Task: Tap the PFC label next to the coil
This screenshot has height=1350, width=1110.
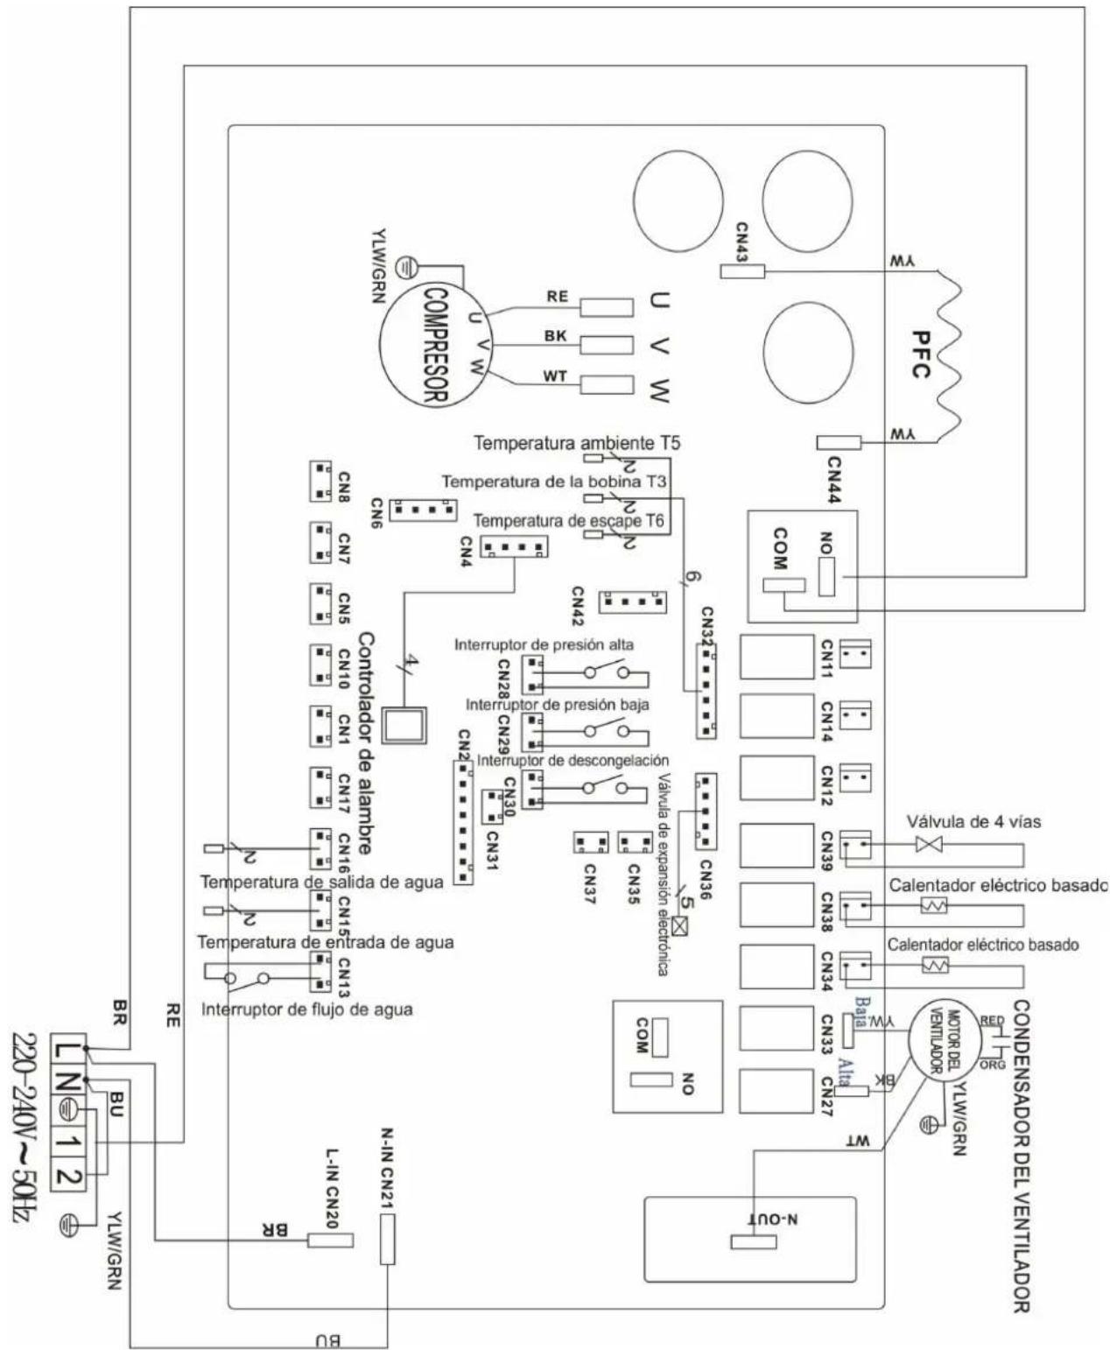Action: (917, 354)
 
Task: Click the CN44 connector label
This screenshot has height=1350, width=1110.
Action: (832, 481)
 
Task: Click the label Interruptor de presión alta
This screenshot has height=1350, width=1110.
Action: (544, 645)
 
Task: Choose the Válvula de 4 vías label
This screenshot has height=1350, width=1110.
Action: (973, 822)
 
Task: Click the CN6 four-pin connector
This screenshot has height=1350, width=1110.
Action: (423, 509)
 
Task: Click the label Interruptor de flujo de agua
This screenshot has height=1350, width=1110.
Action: (307, 1009)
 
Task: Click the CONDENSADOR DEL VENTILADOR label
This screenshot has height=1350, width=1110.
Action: (1019, 1157)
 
